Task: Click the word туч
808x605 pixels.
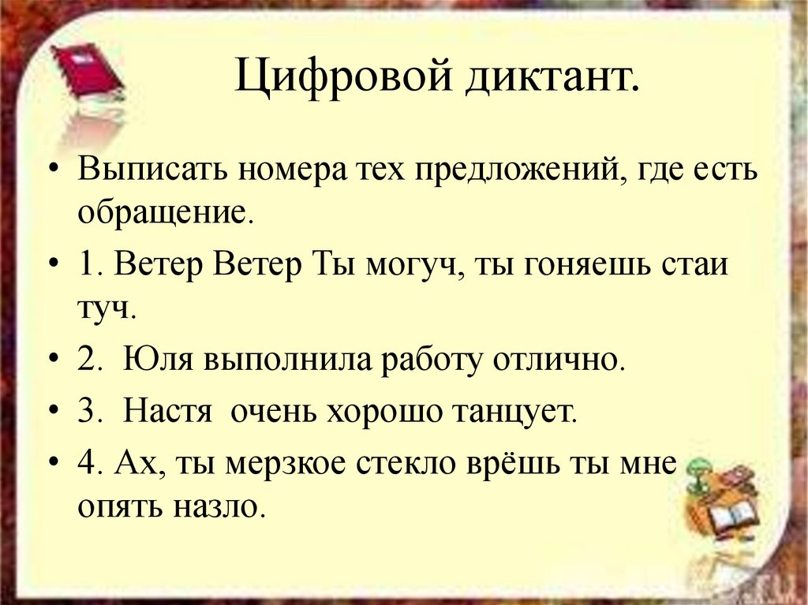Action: pyautogui.click(x=103, y=308)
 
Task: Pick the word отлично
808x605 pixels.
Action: pyautogui.click(x=559, y=360)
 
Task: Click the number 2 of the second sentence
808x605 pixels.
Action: pyautogui.click(x=85, y=360)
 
